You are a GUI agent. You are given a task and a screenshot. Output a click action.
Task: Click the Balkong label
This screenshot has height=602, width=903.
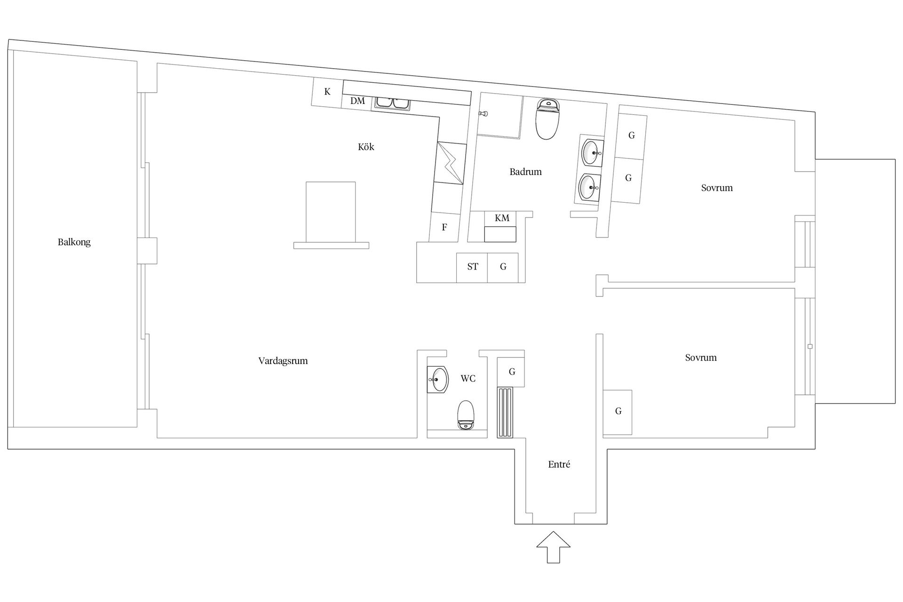[74, 242]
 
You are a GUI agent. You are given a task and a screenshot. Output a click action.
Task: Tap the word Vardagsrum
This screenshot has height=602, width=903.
[283, 361]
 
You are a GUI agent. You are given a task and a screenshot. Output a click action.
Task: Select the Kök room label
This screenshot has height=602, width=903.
[366, 147]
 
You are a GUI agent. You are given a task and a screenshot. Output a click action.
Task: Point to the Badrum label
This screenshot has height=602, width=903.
[525, 172]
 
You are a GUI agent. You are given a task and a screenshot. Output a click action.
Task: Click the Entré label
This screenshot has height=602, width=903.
[559, 464]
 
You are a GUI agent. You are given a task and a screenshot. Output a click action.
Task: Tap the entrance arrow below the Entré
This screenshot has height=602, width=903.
[554, 547]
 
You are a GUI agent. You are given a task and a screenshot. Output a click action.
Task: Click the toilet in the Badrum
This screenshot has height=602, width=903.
[547, 119]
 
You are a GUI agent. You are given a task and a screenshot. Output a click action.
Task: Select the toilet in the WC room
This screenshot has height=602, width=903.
[466, 415]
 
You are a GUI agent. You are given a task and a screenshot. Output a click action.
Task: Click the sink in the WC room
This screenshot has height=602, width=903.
[438, 380]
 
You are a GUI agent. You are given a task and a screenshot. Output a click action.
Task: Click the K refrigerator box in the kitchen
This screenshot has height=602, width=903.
[327, 92]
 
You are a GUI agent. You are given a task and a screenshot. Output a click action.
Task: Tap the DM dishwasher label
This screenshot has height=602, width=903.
[357, 101]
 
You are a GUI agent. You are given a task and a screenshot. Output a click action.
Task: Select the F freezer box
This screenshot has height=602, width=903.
[444, 227]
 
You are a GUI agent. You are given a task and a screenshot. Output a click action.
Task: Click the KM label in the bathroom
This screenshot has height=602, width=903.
[502, 218]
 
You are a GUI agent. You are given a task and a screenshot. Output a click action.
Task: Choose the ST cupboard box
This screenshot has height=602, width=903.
[472, 268]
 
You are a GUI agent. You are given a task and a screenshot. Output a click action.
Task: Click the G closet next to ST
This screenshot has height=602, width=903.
[503, 268]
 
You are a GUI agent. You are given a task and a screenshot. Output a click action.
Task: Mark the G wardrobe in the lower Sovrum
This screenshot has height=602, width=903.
[618, 412]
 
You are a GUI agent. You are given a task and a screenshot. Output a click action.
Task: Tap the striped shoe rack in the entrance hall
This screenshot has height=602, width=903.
[505, 412]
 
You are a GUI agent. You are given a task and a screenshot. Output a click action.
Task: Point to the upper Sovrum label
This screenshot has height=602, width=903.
[717, 188]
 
